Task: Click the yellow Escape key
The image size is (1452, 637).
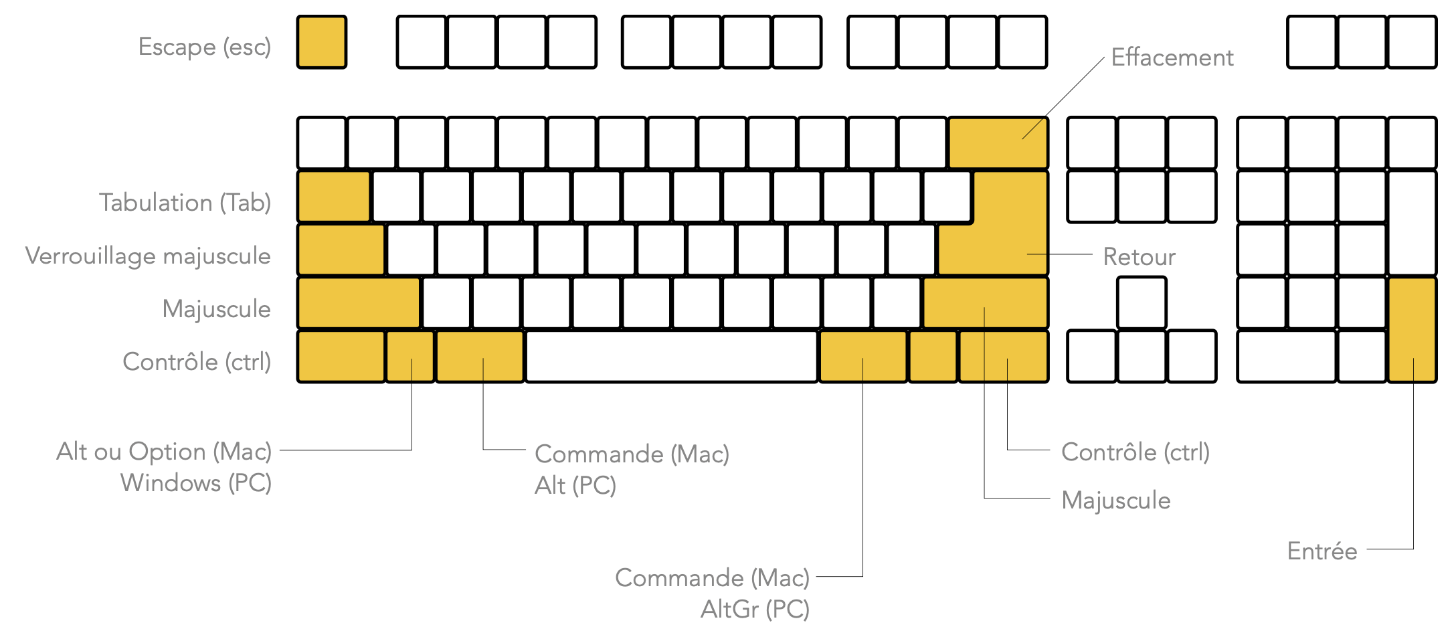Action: tap(322, 42)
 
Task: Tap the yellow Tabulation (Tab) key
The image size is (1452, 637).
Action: tap(334, 196)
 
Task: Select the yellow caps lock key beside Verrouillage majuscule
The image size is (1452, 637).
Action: tap(341, 250)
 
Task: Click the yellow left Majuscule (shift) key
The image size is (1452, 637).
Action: tap(359, 303)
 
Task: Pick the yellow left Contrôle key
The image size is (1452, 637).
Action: tap(341, 357)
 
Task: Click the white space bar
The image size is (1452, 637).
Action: tap(671, 357)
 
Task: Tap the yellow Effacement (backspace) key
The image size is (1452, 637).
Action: tap(998, 143)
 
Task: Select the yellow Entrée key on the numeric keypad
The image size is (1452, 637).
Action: tap(1413, 330)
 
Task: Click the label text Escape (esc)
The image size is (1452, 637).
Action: tap(205, 47)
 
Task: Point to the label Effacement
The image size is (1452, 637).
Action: tap(1172, 58)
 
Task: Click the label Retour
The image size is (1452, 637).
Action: tap(1139, 257)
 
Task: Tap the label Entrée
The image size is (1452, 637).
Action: tap(1322, 551)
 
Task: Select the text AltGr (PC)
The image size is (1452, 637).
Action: tap(755, 610)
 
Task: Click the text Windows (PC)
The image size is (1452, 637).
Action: tap(196, 483)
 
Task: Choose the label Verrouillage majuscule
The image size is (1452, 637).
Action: tap(148, 256)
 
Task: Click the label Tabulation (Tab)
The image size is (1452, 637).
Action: tap(185, 203)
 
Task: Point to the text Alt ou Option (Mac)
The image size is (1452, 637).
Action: tap(164, 452)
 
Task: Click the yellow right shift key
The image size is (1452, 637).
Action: tap(986, 303)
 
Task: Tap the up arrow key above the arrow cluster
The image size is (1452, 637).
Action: tap(1142, 303)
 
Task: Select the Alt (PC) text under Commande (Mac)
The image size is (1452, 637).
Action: tap(575, 486)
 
